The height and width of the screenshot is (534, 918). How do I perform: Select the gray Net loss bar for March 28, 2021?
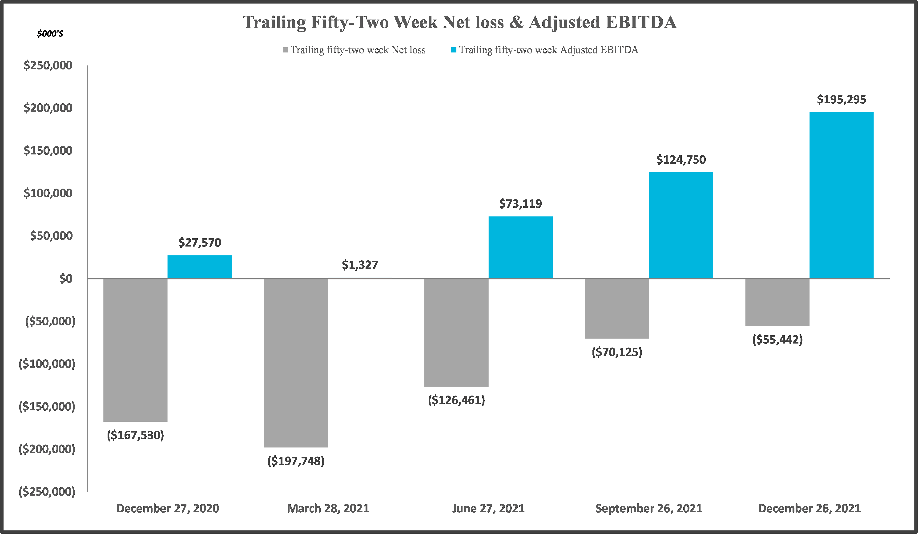pos(296,363)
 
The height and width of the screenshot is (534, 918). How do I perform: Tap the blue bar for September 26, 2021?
pos(681,225)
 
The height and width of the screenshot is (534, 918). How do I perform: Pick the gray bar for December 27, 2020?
pos(136,350)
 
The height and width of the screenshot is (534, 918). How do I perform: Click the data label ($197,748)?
pos(296,461)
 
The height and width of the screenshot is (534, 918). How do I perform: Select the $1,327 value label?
pos(360,265)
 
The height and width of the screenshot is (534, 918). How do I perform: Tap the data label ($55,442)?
pos(777,340)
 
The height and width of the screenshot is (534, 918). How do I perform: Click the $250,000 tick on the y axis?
pos(48,66)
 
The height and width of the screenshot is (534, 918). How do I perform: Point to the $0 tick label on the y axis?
pos(66,279)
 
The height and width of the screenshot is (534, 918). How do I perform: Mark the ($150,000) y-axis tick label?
pos(47,406)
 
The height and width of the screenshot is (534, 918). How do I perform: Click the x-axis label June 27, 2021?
pos(488,509)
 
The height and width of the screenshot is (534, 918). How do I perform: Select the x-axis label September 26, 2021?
pos(649,509)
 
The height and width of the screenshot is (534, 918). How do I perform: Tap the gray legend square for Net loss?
pos(286,50)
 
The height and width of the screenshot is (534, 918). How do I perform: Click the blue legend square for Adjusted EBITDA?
pos(454,50)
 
